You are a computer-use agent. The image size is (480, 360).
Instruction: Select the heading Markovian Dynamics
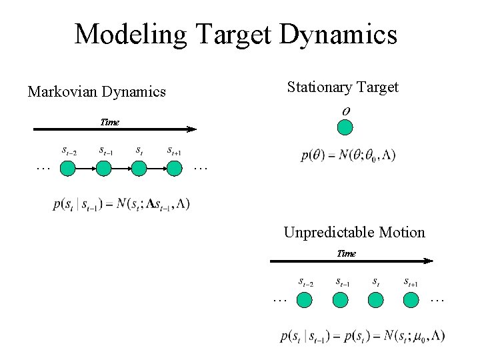(97, 92)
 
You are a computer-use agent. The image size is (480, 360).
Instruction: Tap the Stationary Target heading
(343, 87)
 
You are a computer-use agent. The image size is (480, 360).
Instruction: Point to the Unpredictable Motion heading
(354, 233)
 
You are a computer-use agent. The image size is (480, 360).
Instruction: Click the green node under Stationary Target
(345, 128)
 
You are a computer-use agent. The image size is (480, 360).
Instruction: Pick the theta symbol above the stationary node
(346, 110)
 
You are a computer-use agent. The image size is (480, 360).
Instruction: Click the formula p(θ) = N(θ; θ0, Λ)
(348, 155)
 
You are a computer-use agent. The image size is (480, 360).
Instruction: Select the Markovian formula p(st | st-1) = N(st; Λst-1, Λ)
(121, 204)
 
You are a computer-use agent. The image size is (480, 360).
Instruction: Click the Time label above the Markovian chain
(109, 122)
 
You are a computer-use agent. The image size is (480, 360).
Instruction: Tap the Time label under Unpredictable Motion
(346, 253)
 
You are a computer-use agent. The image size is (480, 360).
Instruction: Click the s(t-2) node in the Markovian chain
(68, 169)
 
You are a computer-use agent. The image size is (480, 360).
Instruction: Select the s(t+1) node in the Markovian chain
(174, 169)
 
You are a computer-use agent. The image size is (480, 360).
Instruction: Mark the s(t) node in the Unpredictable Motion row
(376, 300)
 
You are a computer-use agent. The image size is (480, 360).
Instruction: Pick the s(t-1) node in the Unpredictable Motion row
(341, 300)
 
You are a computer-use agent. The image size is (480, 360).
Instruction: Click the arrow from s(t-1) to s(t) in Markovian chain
(121, 169)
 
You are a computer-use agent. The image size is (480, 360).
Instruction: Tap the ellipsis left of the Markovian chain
(43, 168)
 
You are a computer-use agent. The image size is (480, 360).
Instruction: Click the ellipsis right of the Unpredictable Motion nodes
(437, 301)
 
